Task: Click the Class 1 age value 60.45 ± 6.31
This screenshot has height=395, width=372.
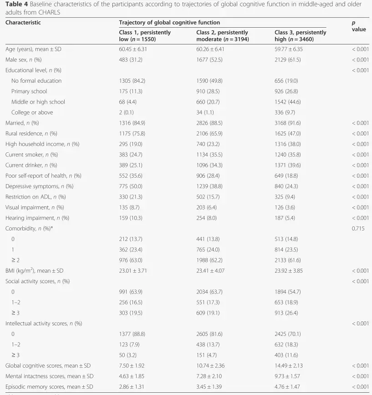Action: tap(133, 49)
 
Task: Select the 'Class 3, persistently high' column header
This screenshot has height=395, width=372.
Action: tap(300, 36)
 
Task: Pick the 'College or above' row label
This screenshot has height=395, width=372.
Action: tap(32, 112)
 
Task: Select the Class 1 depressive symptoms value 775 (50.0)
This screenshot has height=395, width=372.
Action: tap(131, 186)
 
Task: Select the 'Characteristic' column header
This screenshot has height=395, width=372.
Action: tap(23, 22)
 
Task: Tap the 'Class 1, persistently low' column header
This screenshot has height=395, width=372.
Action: tap(145, 36)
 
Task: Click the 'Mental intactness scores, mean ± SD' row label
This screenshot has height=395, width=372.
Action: tap(50, 376)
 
